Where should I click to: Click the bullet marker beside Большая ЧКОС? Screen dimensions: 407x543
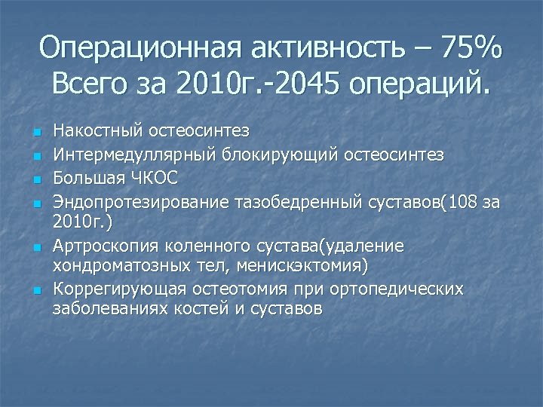36,179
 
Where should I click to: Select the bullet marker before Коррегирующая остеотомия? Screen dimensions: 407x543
36,291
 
